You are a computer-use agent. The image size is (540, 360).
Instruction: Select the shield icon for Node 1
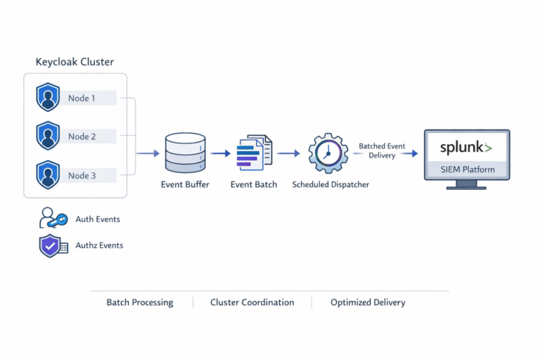tap(48, 98)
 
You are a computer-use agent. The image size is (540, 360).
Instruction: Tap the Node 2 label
tap(82, 136)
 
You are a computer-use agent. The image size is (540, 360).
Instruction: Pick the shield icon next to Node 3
tap(48, 174)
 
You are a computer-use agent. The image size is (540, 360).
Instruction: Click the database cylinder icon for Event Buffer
tap(185, 153)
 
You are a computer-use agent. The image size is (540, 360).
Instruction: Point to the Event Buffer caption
tap(186, 185)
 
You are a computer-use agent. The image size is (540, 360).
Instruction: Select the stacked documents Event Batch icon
tap(254, 153)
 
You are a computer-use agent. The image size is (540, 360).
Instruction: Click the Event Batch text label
tap(254, 185)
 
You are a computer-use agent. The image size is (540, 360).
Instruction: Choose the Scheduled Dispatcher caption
tap(330, 185)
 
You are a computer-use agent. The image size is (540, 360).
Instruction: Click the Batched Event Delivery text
tap(382, 150)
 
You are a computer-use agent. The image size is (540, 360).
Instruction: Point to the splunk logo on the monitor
tap(466, 148)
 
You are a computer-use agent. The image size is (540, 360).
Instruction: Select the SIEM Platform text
tap(467, 169)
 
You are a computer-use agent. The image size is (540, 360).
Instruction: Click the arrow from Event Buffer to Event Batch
tap(220, 153)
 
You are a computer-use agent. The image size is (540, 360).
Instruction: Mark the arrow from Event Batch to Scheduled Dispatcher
tap(288, 153)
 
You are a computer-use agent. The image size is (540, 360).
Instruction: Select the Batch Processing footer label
tap(139, 302)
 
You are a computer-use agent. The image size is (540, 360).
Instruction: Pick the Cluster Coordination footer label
tap(252, 302)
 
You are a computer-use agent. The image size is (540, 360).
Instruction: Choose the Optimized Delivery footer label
tap(368, 302)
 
